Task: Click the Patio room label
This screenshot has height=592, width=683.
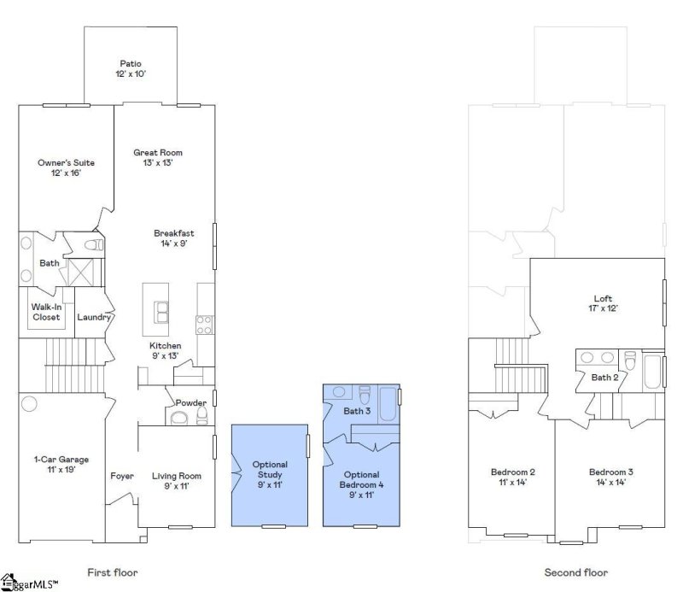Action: [x=131, y=68]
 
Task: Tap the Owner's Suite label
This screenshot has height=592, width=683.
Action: [x=67, y=167]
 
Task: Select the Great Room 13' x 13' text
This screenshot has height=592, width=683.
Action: [x=158, y=157]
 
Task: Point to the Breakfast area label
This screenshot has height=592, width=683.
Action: [x=174, y=238]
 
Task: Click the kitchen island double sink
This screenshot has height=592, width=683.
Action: [x=161, y=312]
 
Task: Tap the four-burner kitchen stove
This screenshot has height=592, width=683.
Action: [x=204, y=325]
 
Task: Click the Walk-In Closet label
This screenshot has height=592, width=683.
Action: [x=46, y=312]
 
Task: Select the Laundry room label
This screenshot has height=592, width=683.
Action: [x=94, y=317]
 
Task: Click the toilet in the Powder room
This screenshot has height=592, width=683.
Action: [x=202, y=415]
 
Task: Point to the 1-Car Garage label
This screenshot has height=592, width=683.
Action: [x=61, y=464]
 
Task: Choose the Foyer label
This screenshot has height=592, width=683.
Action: [x=122, y=476]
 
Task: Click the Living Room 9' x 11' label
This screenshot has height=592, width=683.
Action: [x=177, y=481]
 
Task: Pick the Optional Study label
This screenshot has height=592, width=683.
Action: [x=270, y=474]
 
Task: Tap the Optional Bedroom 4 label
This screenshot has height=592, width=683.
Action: [x=361, y=484]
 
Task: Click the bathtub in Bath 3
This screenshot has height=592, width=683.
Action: [x=388, y=404]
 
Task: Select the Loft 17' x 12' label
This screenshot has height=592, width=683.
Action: [x=604, y=303]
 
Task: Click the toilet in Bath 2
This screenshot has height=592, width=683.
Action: [x=630, y=360]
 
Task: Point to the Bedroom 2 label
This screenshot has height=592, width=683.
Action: [x=513, y=477]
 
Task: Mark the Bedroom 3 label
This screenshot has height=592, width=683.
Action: [x=610, y=477]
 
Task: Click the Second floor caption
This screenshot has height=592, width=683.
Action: [x=575, y=572]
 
